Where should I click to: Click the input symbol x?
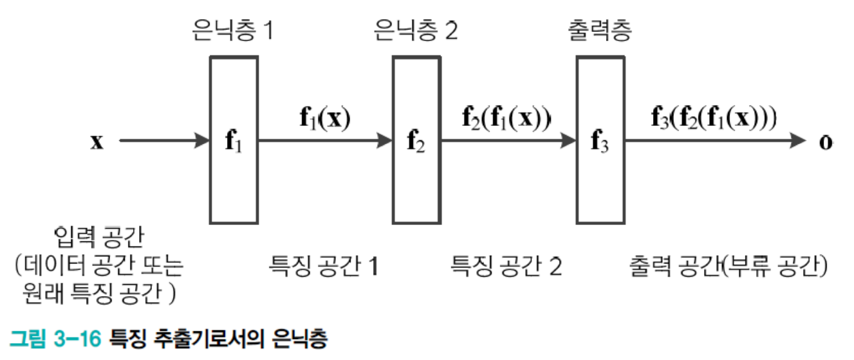tap(97, 142)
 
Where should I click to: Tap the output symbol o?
tap(827, 142)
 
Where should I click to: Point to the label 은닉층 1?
tap(233, 31)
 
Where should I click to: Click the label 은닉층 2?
tap(416, 31)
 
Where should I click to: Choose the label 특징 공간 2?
tap(506, 266)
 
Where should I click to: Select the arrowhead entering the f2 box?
tap(385, 141)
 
